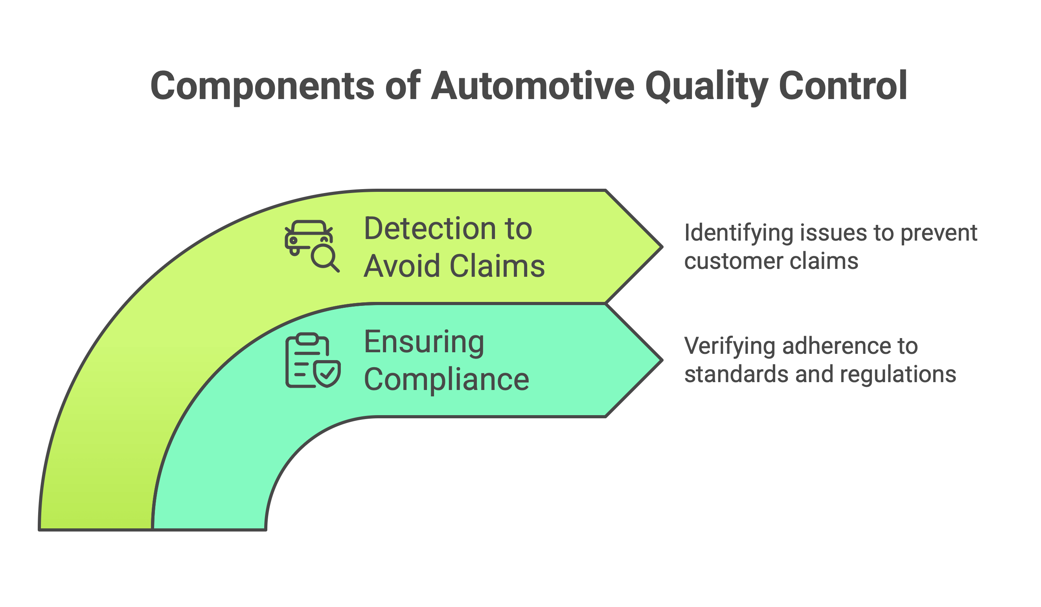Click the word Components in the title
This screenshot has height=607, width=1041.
pyautogui.click(x=263, y=86)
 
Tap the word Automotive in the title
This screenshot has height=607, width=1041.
pyautogui.click(x=533, y=86)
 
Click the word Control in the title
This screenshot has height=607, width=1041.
pyautogui.click(x=843, y=86)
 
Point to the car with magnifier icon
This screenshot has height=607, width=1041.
pyautogui.click(x=312, y=246)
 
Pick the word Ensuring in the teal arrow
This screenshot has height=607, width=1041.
pyautogui.click(x=424, y=342)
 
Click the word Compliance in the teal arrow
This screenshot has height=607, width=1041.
pyautogui.click(x=447, y=380)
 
